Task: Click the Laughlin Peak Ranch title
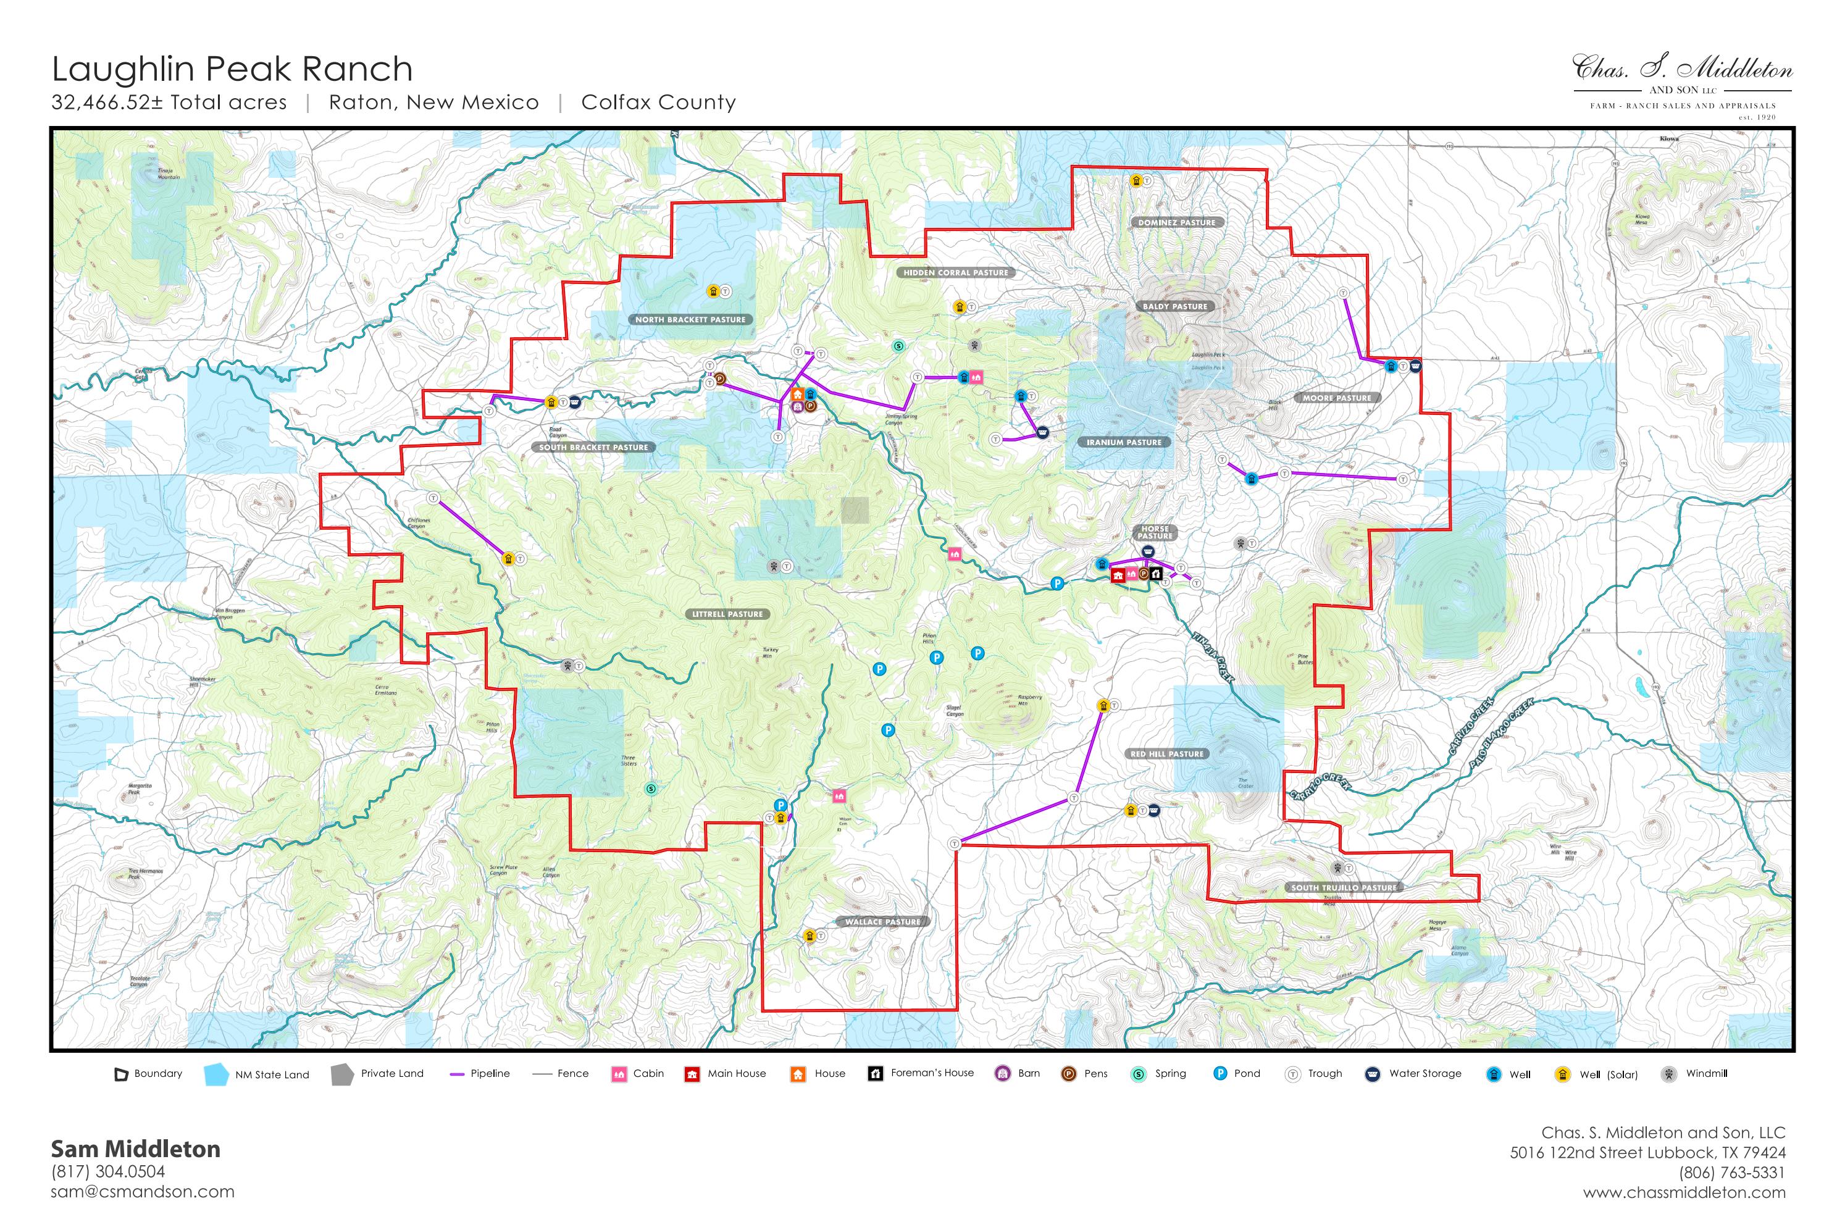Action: [232, 69]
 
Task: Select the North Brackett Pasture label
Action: [690, 320]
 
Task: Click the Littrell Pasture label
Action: [727, 614]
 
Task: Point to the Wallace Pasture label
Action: [882, 922]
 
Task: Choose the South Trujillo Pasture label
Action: [1343, 888]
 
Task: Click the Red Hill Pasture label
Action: [1166, 754]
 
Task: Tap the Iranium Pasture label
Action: [1123, 443]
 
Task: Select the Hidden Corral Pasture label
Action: [955, 273]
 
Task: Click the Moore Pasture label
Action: [1336, 398]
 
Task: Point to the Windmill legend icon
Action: [1668, 1074]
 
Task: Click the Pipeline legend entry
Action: [479, 1074]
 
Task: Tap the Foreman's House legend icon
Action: [876, 1074]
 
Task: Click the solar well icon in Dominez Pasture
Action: [1135, 181]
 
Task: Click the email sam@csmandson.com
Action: [143, 1192]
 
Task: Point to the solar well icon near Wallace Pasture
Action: [810, 936]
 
